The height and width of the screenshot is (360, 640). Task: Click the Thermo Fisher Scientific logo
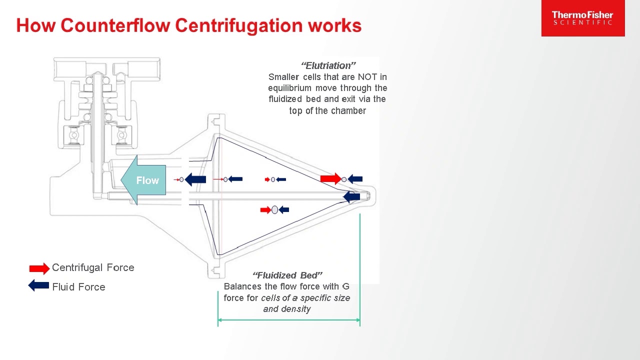pyautogui.click(x=582, y=18)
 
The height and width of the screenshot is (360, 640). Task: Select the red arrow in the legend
pyautogui.click(x=39, y=268)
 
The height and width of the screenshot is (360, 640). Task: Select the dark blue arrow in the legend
pyautogui.click(x=38, y=286)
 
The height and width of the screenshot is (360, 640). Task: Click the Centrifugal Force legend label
pyautogui.click(x=93, y=267)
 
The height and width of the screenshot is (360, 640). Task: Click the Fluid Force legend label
pyautogui.click(x=78, y=287)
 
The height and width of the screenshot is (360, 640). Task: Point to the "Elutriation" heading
pyautogui.click(x=328, y=65)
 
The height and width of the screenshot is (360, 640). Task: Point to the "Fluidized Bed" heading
pyautogui.click(x=287, y=275)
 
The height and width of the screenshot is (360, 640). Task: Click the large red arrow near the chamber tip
pyautogui.click(x=330, y=178)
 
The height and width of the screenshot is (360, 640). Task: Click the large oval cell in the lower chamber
pyautogui.click(x=274, y=210)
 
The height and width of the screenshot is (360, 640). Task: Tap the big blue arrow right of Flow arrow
pyautogui.click(x=195, y=179)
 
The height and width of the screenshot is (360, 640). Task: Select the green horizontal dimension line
pyautogui.click(x=288, y=320)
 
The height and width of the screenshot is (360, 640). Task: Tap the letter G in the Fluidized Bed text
pyautogui.click(x=345, y=286)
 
